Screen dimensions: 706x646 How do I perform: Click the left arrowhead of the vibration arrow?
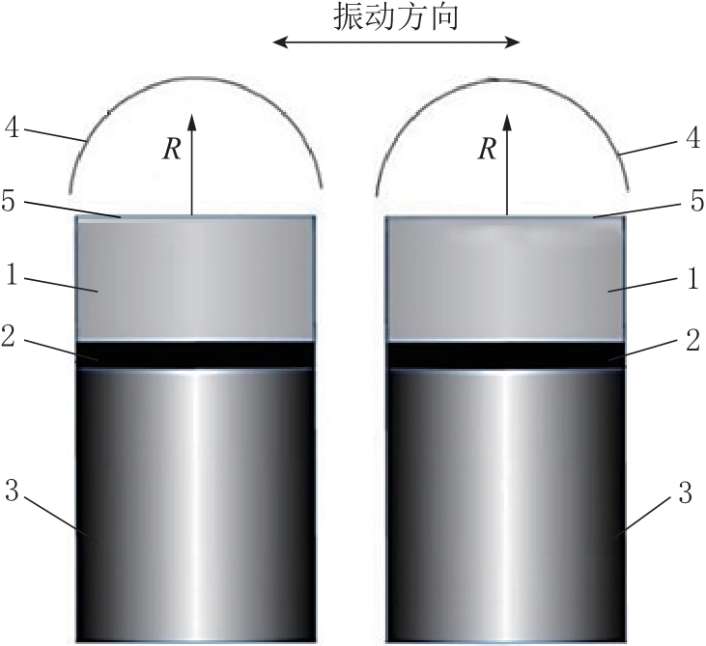point(280,42)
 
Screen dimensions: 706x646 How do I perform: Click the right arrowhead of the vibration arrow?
point(513,42)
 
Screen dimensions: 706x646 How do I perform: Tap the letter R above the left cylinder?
point(172,149)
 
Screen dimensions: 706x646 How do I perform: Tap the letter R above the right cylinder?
point(487,149)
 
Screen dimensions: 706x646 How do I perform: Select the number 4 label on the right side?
point(692,137)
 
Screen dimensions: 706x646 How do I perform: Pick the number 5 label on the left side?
point(9,200)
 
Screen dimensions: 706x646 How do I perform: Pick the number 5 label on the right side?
point(697,200)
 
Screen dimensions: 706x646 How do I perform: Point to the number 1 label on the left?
point(13,274)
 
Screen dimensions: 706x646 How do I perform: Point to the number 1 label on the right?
point(693,278)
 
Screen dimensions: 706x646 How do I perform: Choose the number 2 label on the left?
point(9,336)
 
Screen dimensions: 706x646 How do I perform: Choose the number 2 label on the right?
point(693,340)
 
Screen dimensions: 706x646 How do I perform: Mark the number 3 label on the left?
point(13,491)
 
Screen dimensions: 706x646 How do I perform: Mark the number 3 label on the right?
point(685,492)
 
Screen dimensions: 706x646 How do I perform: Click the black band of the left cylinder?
point(195,355)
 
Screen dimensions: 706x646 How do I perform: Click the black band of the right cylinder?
point(506,355)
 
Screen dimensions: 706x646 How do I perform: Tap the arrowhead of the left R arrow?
point(192,122)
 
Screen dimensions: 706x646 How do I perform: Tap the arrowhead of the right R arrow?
point(507,122)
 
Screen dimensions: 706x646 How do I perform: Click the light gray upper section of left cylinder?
point(195,278)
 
